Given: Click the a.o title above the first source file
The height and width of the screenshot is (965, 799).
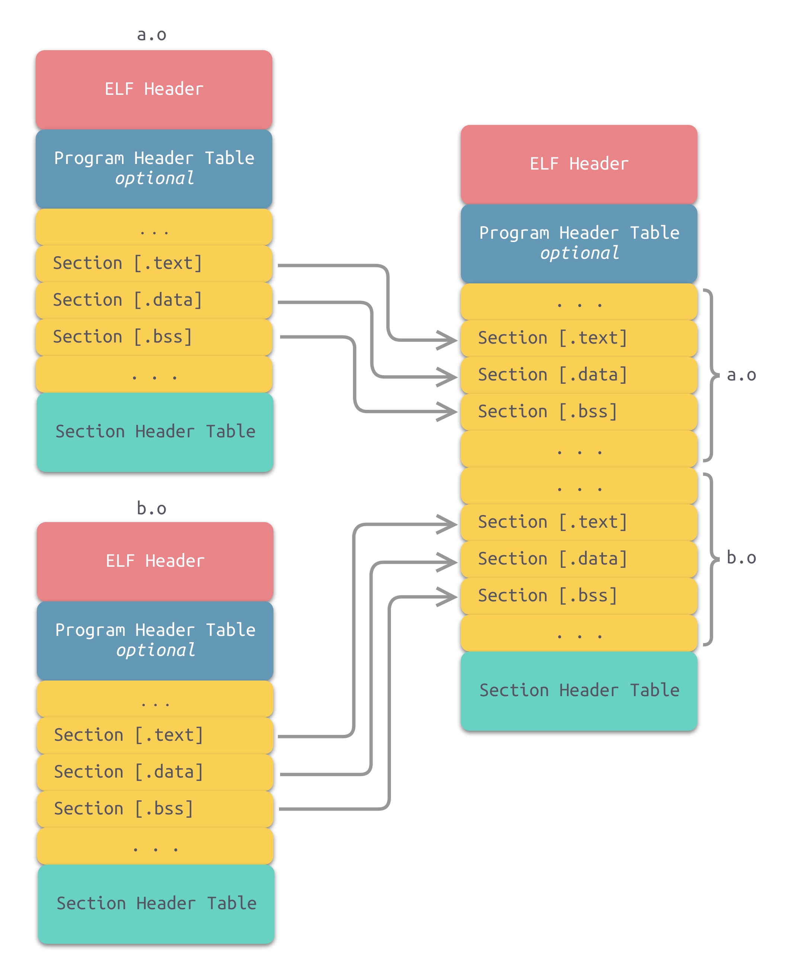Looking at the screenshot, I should click(x=152, y=35).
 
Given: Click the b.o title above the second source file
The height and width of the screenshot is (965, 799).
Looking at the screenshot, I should click(x=152, y=509).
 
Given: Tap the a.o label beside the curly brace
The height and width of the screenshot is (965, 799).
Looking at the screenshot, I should click(x=741, y=376).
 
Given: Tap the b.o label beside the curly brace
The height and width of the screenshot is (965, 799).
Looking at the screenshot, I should click(x=741, y=558).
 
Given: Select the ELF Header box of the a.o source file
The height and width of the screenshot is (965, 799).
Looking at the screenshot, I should click(x=154, y=89).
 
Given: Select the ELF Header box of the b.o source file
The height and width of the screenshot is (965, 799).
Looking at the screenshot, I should click(x=155, y=561).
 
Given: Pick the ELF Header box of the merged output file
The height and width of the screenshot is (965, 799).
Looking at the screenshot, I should click(x=579, y=164).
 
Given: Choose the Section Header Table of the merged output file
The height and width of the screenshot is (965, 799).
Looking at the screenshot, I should click(x=579, y=691).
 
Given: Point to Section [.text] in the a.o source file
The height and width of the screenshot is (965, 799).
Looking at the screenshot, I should click(x=128, y=263).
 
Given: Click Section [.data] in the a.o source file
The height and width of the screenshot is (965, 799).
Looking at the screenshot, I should click(x=128, y=300).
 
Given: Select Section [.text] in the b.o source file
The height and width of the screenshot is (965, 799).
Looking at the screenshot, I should click(x=129, y=735).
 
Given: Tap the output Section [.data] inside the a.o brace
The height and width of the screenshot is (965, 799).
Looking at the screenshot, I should click(x=553, y=375).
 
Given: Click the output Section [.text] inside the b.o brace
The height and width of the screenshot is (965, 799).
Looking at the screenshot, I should click(x=553, y=522).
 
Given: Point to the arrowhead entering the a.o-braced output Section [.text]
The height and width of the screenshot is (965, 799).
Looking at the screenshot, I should click(x=448, y=340).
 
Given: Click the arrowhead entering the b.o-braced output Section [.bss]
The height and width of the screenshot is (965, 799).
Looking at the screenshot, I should click(x=448, y=596).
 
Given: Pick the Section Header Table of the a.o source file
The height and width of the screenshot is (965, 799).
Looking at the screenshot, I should click(x=155, y=432).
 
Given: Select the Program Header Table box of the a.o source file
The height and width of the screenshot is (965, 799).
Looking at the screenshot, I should click(x=154, y=168).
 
